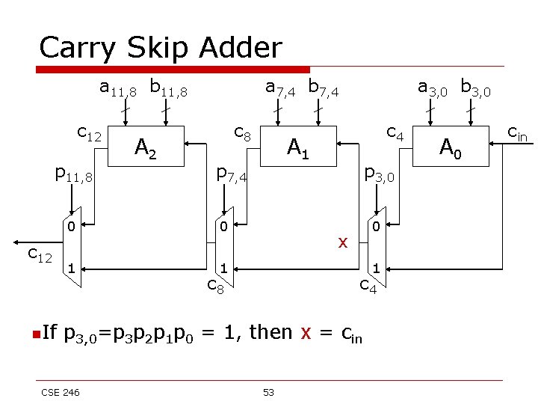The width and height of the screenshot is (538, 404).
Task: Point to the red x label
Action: tap(343, 242)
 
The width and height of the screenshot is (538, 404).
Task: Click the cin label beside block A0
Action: tap(517, 133)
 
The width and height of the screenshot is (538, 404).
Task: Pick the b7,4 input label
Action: tap(323, 89)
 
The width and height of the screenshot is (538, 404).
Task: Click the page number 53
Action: tap(268, 392)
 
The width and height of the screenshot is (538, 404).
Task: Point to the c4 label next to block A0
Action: tap(395, 134)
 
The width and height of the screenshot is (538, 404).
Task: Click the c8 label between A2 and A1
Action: tap(242, 134)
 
